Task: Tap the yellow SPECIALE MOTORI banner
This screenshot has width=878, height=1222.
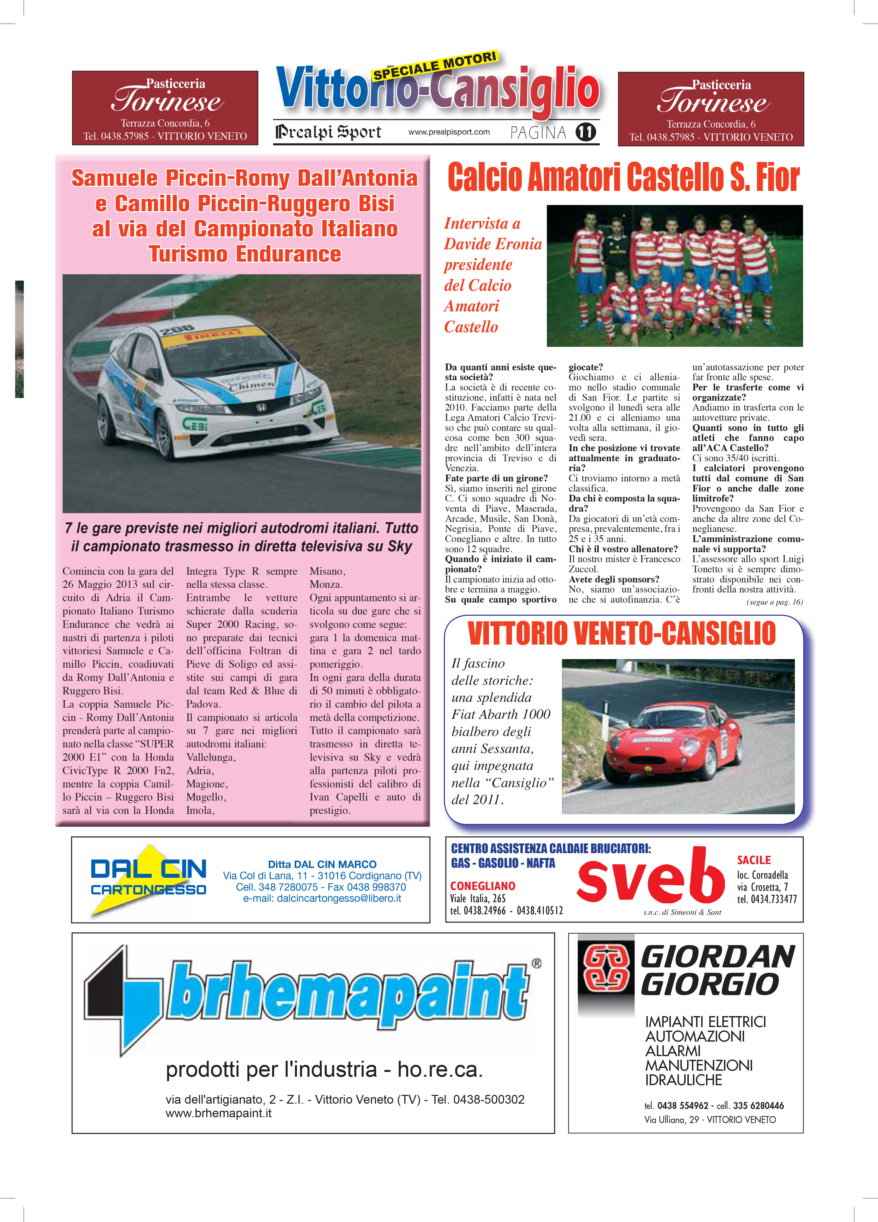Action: pyautogui.click(x=434, y=66)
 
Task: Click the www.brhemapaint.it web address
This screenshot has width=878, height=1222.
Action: pyautogui.click(x=218, y=1113)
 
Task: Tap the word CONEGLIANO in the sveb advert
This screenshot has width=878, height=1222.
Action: pyautogui.click(x=482, y=886)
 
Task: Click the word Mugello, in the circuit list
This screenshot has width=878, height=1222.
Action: pyautogui.click(x=206, y=797)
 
